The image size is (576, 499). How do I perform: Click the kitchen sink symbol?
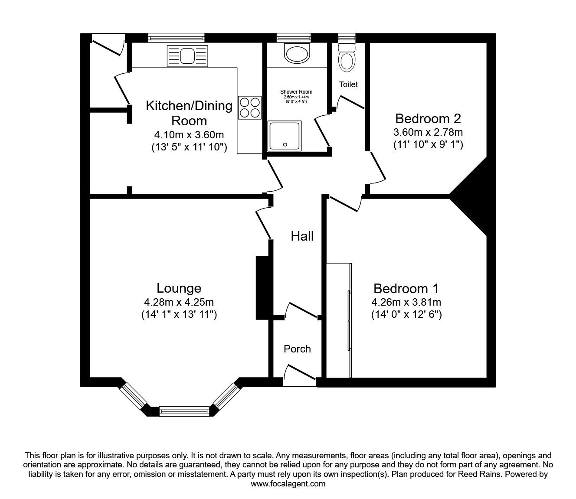[x=187, y=56]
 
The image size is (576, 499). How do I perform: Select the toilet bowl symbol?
[x=347, y=60]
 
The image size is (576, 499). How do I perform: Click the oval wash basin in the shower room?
[x=297, y=53]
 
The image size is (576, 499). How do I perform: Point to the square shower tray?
[x=285, y=136]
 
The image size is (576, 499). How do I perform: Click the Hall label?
[x=302, y=236]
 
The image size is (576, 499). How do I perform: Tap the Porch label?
[x=297, y=349]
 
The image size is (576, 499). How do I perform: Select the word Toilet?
[x=348, y=85]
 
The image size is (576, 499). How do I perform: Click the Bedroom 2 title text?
[x=428, y=118]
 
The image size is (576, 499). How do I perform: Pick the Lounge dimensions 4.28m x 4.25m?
[x=179, y=302]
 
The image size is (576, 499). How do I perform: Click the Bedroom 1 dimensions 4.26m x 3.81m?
[x=406, y=302]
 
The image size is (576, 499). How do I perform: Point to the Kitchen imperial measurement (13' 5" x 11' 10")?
[x=189, y=147]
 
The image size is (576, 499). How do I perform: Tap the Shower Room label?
[x=296, y=92]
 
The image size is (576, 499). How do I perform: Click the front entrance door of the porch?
[x=300, y=375]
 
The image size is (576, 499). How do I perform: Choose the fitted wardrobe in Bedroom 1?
[x=338, y=320]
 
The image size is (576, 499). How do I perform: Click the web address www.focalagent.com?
[x=288, y=484]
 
